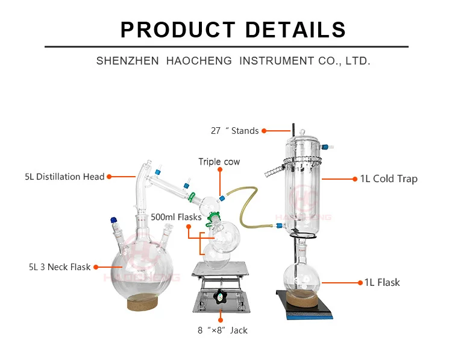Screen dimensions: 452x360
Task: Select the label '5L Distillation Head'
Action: click(64, 177)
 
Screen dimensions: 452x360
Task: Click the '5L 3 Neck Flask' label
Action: click(59, 267)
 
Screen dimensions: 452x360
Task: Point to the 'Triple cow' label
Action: click(219, 162)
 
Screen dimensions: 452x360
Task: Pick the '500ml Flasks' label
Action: click(176, 217)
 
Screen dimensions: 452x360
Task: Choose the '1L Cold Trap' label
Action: click(389, 178)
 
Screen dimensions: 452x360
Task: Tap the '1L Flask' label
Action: click(381, 282)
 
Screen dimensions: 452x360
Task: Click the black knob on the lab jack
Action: click(220, 296)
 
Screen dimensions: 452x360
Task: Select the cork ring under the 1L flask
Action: click(301, 297)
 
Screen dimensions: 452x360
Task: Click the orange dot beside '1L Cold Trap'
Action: click(354, 178)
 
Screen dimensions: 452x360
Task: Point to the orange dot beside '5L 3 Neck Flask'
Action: click(96, 267)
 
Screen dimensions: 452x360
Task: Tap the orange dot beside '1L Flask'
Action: click(355, 282)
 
